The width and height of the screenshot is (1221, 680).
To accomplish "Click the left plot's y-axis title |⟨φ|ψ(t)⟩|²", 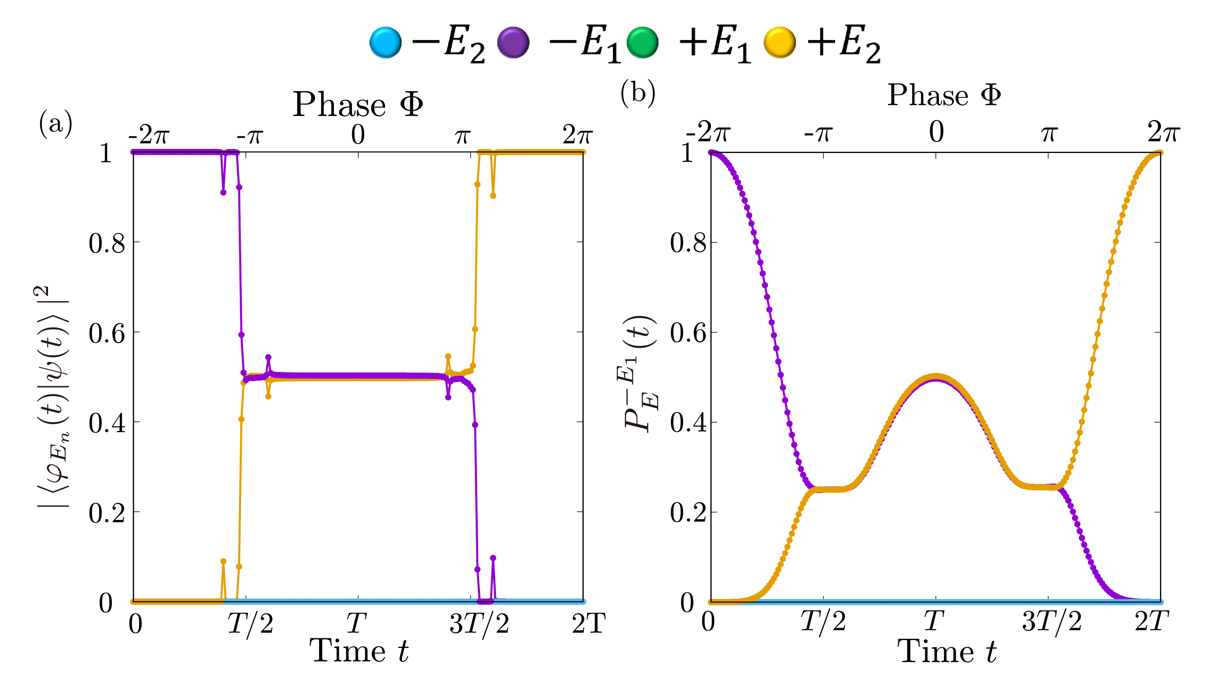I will pos(53,396).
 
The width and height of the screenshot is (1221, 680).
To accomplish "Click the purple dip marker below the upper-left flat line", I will pos(223,192).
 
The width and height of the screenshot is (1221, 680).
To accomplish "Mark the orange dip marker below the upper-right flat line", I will pos(493,195).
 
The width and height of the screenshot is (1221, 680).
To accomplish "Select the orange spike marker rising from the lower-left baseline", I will pos(223,561).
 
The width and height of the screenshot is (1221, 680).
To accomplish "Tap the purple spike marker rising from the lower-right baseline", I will pos(493,558).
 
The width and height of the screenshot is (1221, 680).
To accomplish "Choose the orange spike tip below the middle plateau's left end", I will pos(268,396).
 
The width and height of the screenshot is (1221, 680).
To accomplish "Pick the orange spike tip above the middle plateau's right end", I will pos(448,356).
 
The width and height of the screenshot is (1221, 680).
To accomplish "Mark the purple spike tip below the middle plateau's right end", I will pos(448,397).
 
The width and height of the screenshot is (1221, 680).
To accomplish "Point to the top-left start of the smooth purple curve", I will pos(711,153).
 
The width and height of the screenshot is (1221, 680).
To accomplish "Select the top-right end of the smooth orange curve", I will pos(1160,153).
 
